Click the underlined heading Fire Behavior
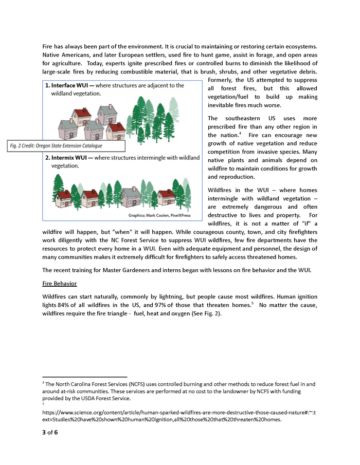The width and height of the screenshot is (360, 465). point(59,283)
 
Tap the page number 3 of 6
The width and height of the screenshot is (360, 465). point(50,432)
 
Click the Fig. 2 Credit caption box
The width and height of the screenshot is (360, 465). point(56,146)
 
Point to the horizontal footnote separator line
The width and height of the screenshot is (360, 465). point(84,377)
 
